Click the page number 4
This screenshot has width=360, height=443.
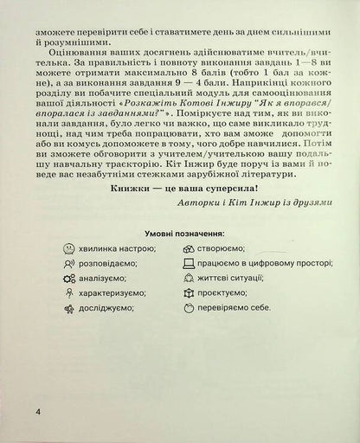click(x=38, y=408)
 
